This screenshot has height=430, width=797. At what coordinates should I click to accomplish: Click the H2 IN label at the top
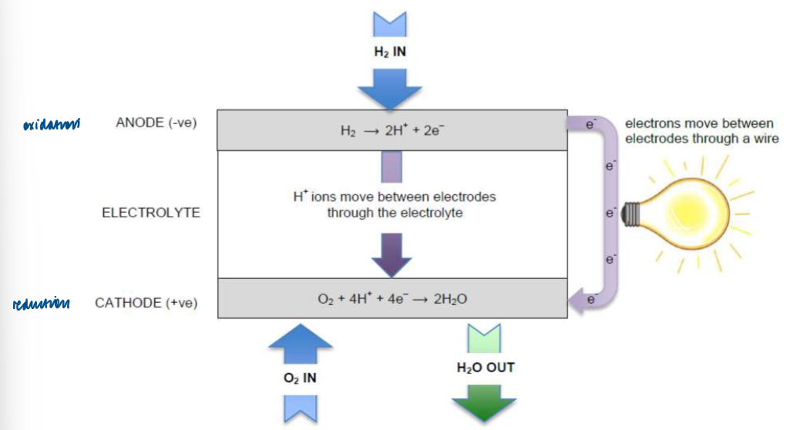(x=390, y=52)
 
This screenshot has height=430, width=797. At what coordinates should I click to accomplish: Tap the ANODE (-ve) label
(x=156, y=123)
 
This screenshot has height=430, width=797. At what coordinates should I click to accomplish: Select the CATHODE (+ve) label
(x=146, y=303)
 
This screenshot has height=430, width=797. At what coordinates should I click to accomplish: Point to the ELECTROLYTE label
(x=151, y=213)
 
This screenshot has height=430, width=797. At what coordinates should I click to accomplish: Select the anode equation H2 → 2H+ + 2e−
(x=392, y=132)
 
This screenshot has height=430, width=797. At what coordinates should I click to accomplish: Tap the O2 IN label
(x=300, y=378)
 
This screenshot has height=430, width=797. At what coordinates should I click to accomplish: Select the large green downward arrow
(x=485, y=400)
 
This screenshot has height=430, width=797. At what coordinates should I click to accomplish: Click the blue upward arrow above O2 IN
(x=300, y=344)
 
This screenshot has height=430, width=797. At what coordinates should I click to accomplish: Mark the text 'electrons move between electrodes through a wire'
(x=701, y=131)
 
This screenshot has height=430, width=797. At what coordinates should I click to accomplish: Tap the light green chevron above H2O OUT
(x=485, y=338)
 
